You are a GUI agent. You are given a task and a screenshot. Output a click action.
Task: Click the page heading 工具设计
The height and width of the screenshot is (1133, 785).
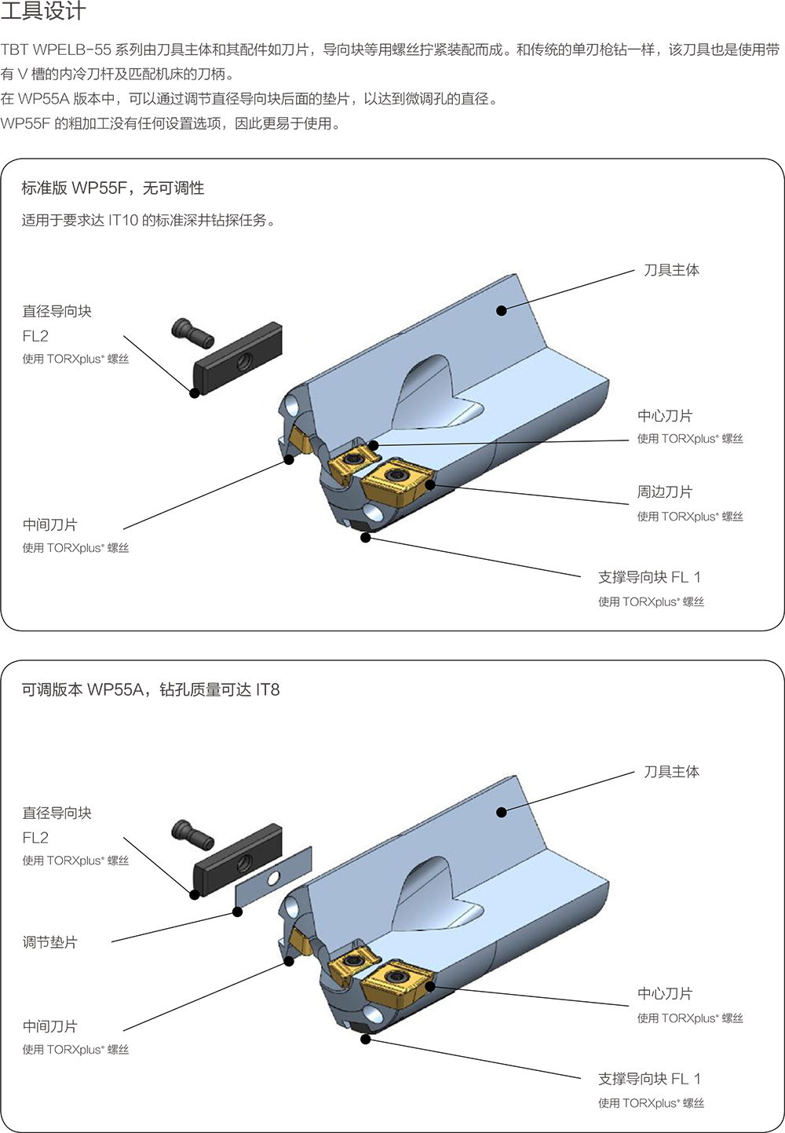click(x=43, y=12)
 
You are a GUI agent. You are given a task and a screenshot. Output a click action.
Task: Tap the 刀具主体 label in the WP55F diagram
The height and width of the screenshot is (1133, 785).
click(x=671, y=270)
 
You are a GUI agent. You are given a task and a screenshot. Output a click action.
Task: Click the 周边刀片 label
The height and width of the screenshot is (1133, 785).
click(x=665, y=492)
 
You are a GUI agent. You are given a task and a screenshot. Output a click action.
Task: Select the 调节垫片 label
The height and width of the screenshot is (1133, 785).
click(x=50, y=942)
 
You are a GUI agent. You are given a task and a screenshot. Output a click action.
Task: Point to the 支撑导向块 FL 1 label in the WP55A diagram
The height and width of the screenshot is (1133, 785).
click(x=649, y=1079)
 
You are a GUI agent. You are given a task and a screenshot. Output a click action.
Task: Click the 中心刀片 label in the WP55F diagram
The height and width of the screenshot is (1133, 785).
click(x=665, y=416)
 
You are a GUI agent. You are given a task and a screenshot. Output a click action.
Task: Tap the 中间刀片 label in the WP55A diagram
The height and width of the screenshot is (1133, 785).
click(x=50, y=1026)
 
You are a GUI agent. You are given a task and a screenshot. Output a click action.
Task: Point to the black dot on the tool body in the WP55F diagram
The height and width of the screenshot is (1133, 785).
click(x=502, y=310)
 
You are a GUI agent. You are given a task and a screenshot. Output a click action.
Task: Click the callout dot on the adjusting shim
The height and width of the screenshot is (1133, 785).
click(x=238, y=912)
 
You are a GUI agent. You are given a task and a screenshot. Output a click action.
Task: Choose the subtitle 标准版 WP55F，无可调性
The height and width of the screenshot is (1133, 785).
click(x=113, y=188)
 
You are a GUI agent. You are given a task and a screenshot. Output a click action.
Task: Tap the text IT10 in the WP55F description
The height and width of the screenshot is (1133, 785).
click(x=122, y=221)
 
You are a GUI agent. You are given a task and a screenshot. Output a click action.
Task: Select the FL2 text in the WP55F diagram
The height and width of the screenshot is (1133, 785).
click(x=35, y=336)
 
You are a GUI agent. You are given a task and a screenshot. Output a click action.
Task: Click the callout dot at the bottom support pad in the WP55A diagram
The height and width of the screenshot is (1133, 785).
click(x=366, y=1039)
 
